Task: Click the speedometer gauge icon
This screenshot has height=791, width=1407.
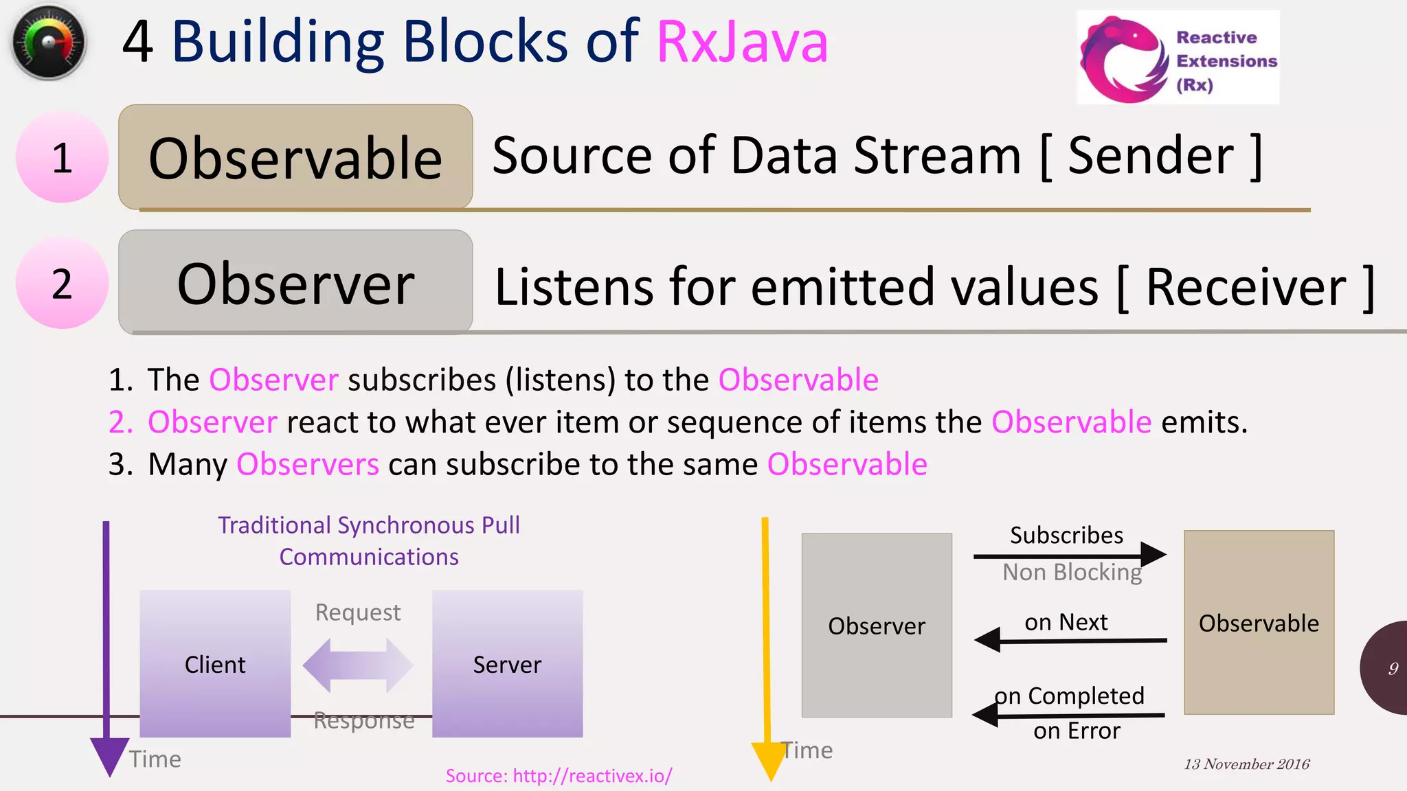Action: [x=48, y=43]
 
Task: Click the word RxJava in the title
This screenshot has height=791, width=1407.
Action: [x=742, y=43]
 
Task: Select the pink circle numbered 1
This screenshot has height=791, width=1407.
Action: [x=62, y=158]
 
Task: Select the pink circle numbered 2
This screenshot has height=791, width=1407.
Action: [x=62, y=284]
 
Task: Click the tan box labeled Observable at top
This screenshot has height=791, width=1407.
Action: [x=295, y=157]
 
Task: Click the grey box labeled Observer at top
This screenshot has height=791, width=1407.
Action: [x=295, y=282]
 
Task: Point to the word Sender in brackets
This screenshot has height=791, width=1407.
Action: [x=1151, y=156]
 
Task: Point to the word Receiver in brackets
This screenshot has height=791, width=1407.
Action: [x=1246, y=287]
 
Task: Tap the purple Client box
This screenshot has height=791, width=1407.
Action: [x=215, y=663]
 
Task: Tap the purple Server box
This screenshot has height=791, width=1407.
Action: [x=507, y=663]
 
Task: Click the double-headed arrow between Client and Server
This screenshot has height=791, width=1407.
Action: [x=358, y=665]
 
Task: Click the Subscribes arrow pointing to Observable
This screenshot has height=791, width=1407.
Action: [x=1069, y=554]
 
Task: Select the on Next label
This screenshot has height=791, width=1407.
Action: [x=1066, y=622]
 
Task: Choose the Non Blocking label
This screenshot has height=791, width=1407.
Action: [x=1072, y=572]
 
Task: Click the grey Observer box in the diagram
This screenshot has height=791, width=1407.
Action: [x=877, y=626]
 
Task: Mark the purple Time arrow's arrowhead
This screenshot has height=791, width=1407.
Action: [x=109, y=755]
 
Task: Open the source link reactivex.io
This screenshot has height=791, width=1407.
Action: [x=559, y=776]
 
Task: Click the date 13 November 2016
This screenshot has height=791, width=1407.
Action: [x=1246, y=764]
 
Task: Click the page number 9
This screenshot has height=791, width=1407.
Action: [x=1393, y=668]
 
